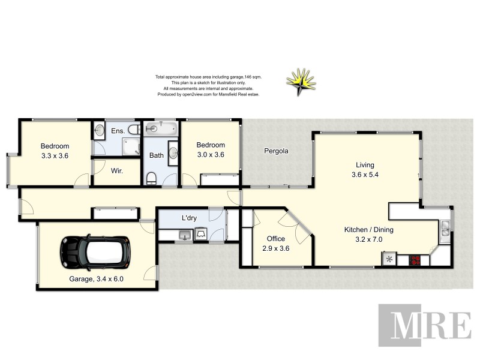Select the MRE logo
click(x=424, y=325)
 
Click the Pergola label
click(x=277, y=151)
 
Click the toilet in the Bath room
click(x=152, y=178)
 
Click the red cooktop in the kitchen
click(x=415, y=260)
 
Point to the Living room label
click(x=365, y=165)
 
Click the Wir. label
click(x=116, y=171)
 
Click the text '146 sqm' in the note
click(x=251, y=77)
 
